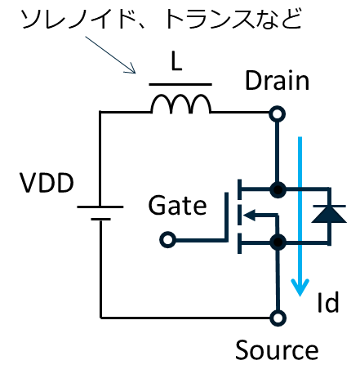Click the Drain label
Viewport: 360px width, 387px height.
[x=277, y=80]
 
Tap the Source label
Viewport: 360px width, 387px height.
[x=277, y=350]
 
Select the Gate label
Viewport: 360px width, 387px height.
[x=177, y=205]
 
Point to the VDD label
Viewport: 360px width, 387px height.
[x=47, y=183]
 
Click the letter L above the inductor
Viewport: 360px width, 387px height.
[x=176, y=62]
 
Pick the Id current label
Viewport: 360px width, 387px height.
[x=328, y=302]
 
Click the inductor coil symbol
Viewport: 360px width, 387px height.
[x=180, y=104]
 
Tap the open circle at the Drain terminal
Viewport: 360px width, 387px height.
[x=278, y=113]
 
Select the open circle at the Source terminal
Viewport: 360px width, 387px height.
[x=278, y=318]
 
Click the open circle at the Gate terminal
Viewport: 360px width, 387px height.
[x=167, y=240]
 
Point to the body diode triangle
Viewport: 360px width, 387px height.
[x=329, y=215]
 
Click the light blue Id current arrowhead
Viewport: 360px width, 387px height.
[x=300, y=287]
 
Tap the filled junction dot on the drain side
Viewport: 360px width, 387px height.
[x=278, y=189]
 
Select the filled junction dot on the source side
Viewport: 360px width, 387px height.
[x=278, y=242]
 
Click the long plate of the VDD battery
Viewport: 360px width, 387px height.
[x=100, y=207]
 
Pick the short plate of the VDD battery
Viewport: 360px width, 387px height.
[x=100, y=219]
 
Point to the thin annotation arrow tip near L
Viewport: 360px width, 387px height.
[x=135, y=73]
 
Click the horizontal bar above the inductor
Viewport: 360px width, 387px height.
[x=180, y=85]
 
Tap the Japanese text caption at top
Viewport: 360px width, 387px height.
[x=162, y=19]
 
